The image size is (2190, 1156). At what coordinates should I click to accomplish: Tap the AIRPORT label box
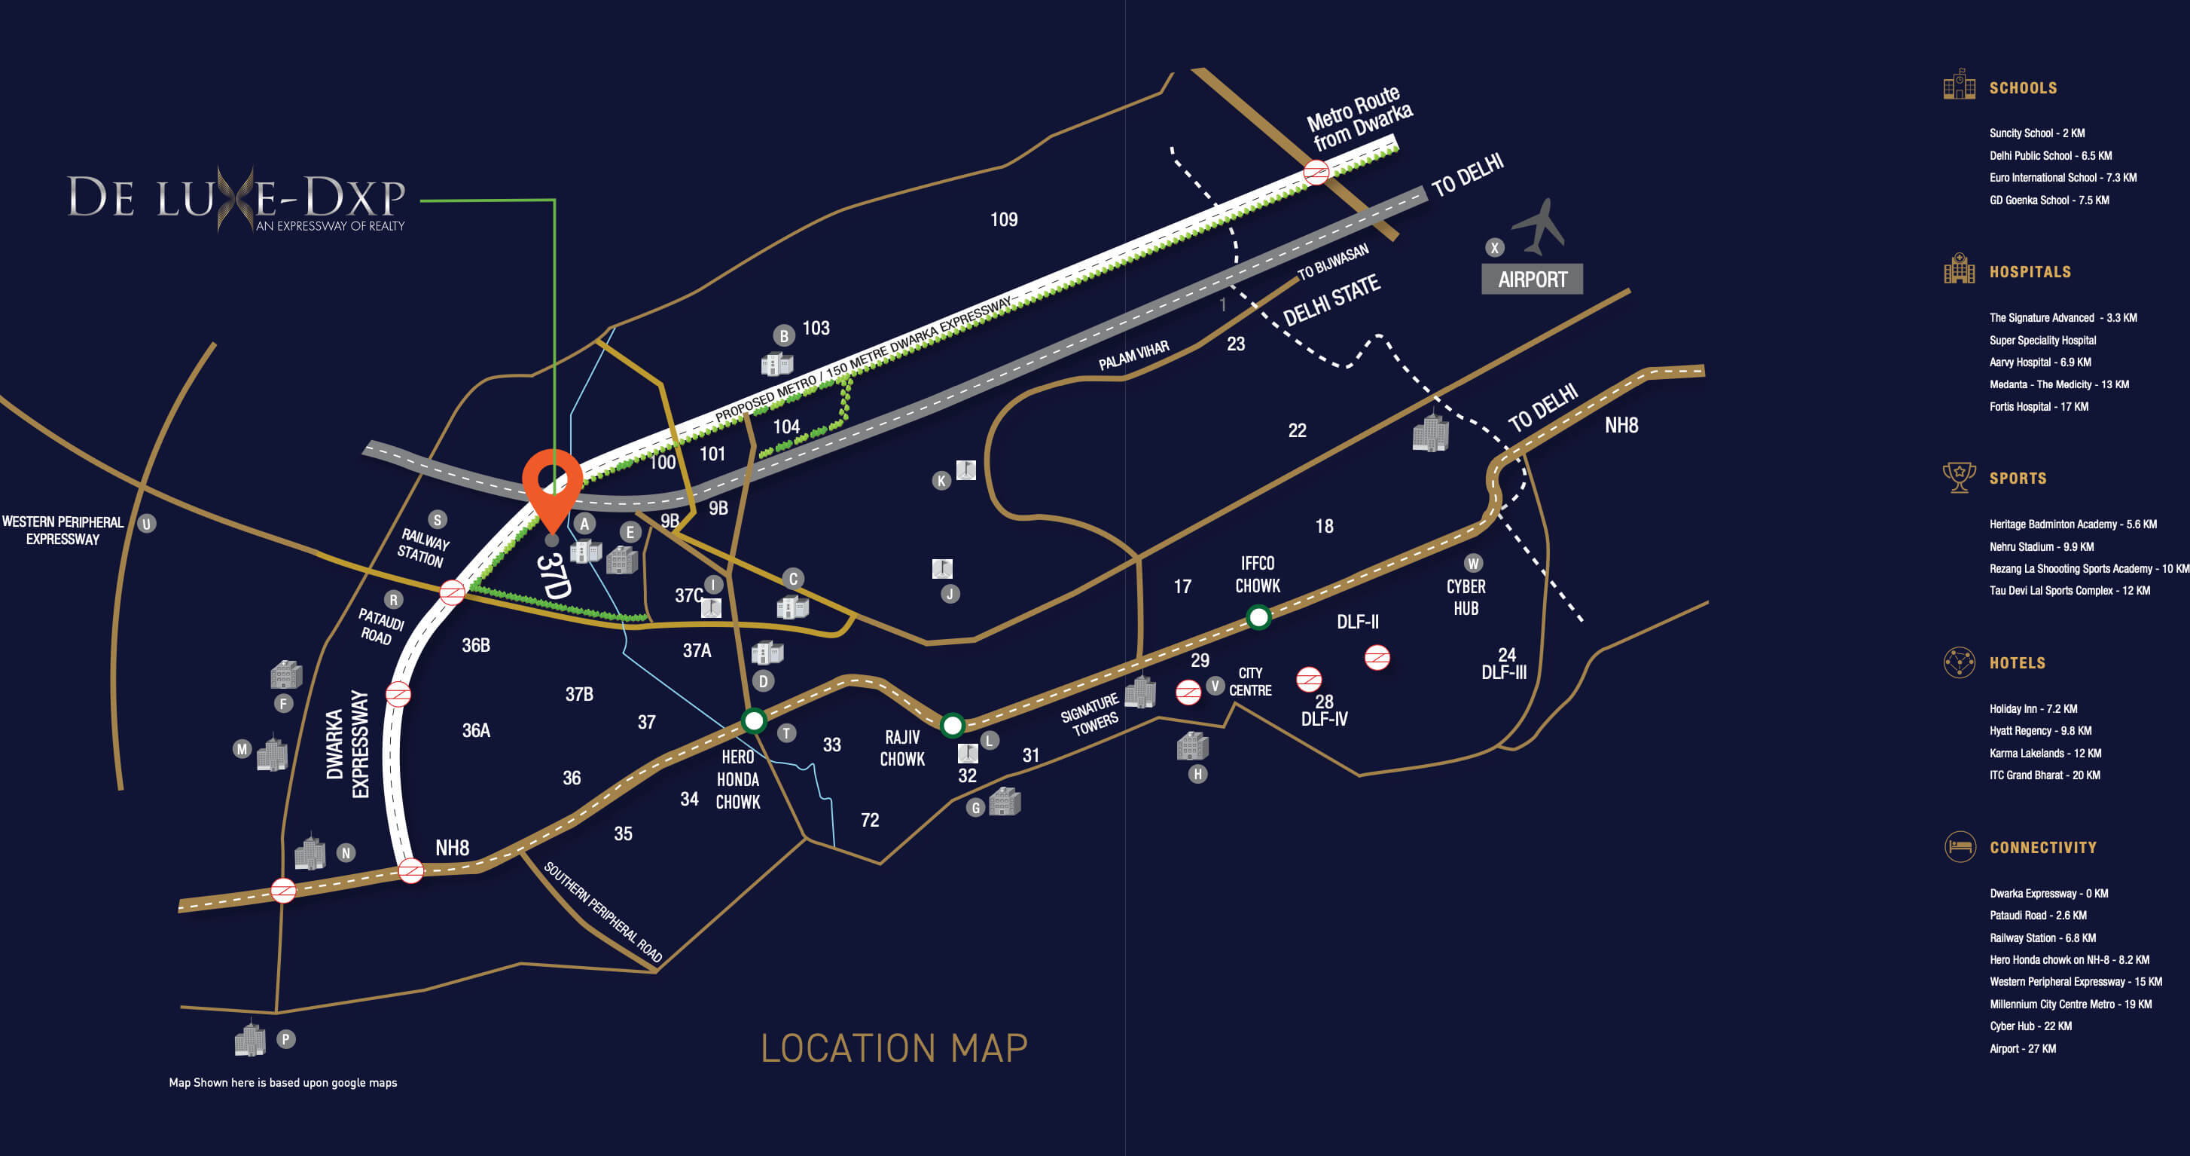(x=1531, y=279)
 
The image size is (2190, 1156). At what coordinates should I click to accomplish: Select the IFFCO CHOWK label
(x=1258, y=574)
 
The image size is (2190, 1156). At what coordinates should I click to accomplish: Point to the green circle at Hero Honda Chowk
(x=753, y=721)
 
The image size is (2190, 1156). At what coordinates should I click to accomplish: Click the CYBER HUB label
(x=1466, y=597)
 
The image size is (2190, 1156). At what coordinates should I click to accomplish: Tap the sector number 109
(x=1003, y=219)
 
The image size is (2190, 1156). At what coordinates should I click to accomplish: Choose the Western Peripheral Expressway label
(x=63, y=530)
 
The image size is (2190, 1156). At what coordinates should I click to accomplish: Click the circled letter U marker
(x=146, y=524)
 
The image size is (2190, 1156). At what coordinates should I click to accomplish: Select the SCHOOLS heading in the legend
(x=2023, y=88)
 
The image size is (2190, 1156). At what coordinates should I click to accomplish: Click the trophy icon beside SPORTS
(x=1959, y=477)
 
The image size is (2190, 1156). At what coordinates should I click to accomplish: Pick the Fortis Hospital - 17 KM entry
(x=2038, y=407)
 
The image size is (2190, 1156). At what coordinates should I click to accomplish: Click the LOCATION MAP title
(x=893, y=1048)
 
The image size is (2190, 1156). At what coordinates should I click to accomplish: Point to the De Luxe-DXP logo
(x=236, y=200)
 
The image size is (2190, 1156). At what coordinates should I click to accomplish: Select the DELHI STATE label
(x=1331, y=300)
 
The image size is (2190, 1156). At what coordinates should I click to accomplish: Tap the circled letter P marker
(x=286, y=1038)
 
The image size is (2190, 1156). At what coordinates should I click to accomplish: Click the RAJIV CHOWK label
(x=902, y=748)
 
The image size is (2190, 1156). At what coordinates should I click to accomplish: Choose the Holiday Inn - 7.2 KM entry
(x=2033, y=708)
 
